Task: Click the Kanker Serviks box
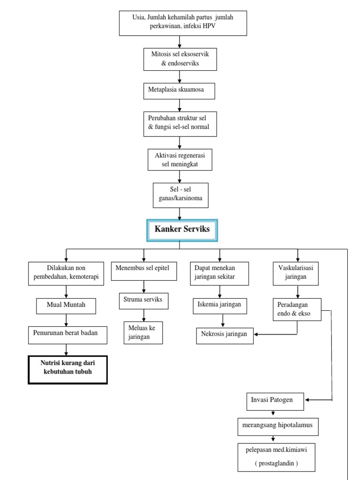tap(182, 230)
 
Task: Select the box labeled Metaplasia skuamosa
tap(179, 90)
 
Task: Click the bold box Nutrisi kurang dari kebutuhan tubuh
tap(68, 369)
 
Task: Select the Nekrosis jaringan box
tap(225, 335)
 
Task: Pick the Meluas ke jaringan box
tap(143, 332)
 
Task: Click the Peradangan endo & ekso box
tap(297, 309)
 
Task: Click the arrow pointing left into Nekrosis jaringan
tap(258, 334)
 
